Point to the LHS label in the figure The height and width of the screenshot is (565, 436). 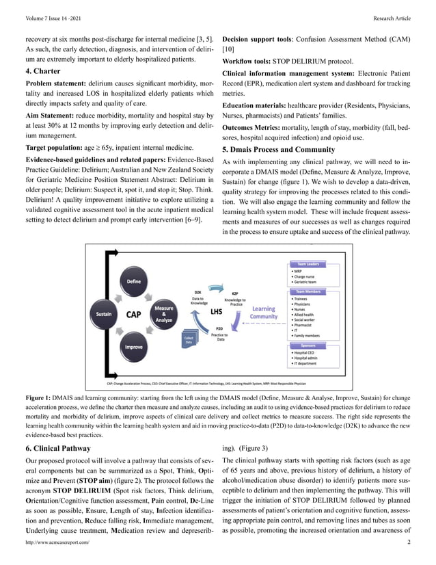click(x=217, y=311)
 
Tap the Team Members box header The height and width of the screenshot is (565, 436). click(x=305, y=291)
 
